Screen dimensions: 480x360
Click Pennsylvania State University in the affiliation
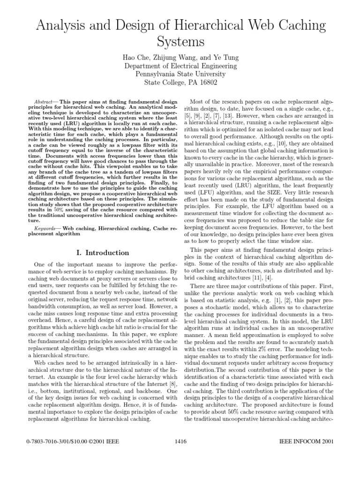[180, 75]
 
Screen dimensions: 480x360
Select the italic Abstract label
[44, 102]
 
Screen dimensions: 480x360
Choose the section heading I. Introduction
[102, 253]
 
